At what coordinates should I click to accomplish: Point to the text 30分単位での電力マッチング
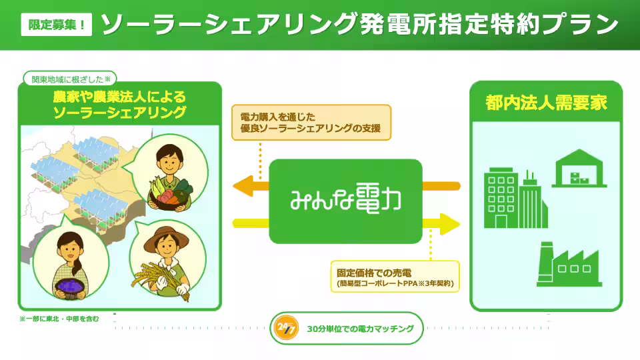[x=360, y=329]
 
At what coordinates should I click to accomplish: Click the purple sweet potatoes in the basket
[x=71, y=285]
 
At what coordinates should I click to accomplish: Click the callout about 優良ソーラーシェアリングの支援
[x=311, y=122]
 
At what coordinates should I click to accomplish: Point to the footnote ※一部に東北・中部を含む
[x=59, y=319]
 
